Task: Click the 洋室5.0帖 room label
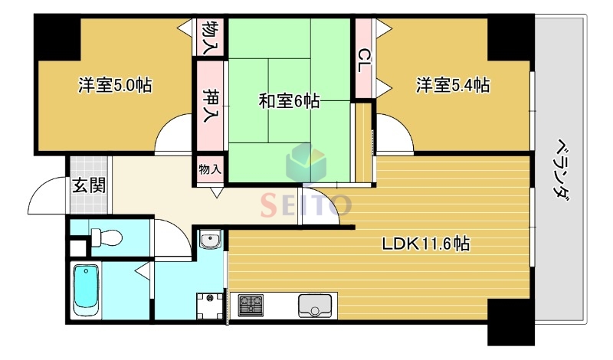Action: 114,85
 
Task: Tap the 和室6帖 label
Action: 289,100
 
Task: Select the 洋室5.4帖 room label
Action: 453,85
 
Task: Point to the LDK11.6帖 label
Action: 426,244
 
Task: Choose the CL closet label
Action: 364,59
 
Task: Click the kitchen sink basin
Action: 314,309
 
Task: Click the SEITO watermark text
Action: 306,205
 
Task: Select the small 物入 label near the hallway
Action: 209,169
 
